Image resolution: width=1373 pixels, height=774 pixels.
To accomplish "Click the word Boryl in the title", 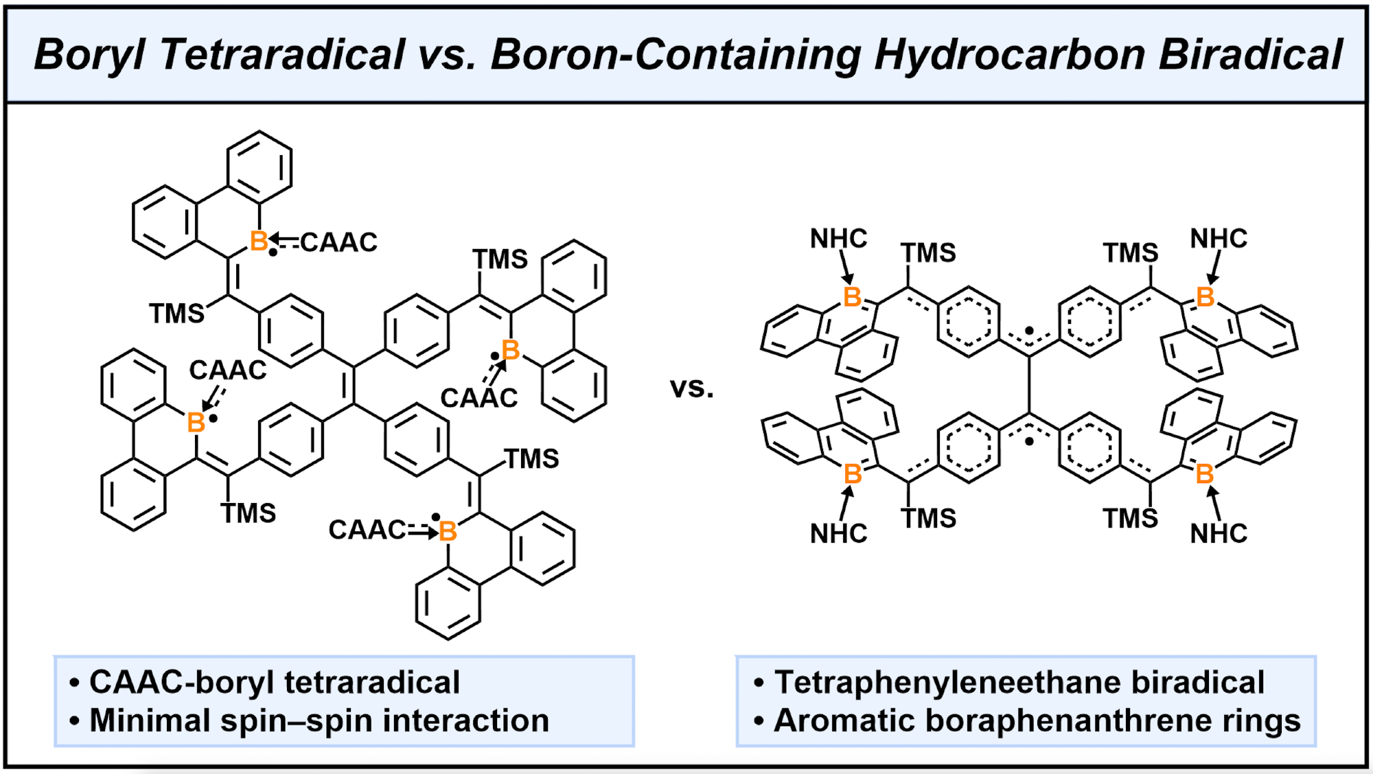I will tap(89, 55).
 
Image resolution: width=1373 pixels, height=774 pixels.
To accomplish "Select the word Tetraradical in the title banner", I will tap(282, 55).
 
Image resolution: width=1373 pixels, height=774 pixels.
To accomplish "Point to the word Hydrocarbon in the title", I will tap(1009, 55).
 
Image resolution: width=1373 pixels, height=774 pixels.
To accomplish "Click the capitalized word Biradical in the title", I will tap(1250, 55).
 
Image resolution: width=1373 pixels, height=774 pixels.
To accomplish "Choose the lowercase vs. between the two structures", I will tap(691, 388).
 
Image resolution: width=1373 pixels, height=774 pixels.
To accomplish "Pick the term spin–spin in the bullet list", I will tap(295, 721).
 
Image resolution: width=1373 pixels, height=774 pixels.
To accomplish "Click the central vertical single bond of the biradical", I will tap(1029, 384).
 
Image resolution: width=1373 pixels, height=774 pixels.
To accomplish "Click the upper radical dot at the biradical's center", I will tap(1029, 331).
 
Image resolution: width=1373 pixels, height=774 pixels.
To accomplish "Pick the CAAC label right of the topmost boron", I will tap(338, 242).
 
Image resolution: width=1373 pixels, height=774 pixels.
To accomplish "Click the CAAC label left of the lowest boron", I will tap(367, 530).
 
